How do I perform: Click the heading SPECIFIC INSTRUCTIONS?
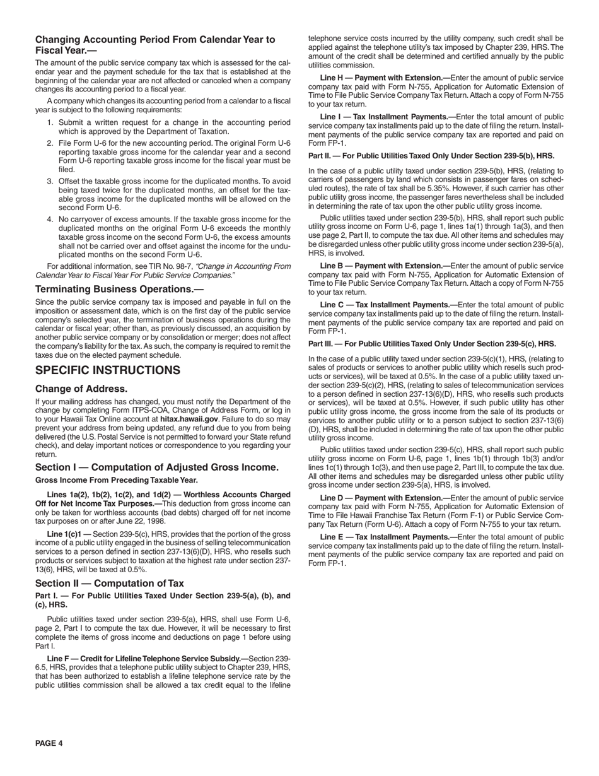tap(108, 370)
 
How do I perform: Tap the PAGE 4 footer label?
tap(49, 743)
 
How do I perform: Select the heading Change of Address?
tap(81, 389)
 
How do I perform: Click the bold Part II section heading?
tap(431, 155)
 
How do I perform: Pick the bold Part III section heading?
tap(432, 344)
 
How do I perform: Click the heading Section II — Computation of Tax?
tap(110, 583)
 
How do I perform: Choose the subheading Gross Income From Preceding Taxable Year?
tap(117, 480)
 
